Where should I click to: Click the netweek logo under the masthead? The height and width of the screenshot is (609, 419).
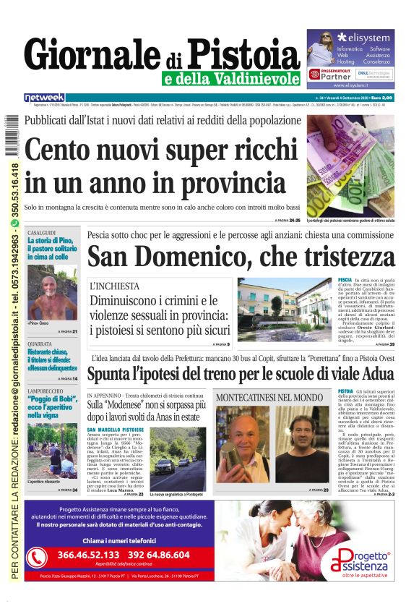[x=44, y=97]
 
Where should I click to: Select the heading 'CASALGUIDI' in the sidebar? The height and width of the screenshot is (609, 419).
[x=42, y=232]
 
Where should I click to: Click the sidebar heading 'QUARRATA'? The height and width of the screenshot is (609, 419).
[x=40, y=344]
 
